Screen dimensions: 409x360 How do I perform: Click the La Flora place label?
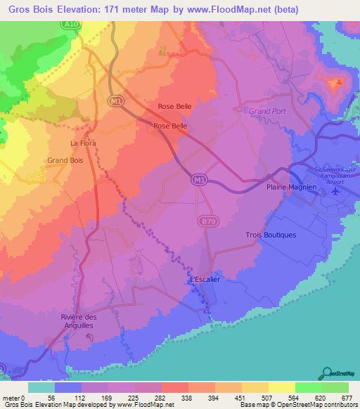(x=83, y=143)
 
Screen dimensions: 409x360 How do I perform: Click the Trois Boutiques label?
(x=271, y=235)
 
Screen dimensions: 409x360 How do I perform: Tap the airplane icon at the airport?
(x=335, y=190)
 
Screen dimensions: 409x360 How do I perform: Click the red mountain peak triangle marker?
(x=338, y=82)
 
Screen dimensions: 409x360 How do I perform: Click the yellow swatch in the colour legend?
(x=255, y=387)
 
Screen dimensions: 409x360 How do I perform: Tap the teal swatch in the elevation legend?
(x=41, y=387)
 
